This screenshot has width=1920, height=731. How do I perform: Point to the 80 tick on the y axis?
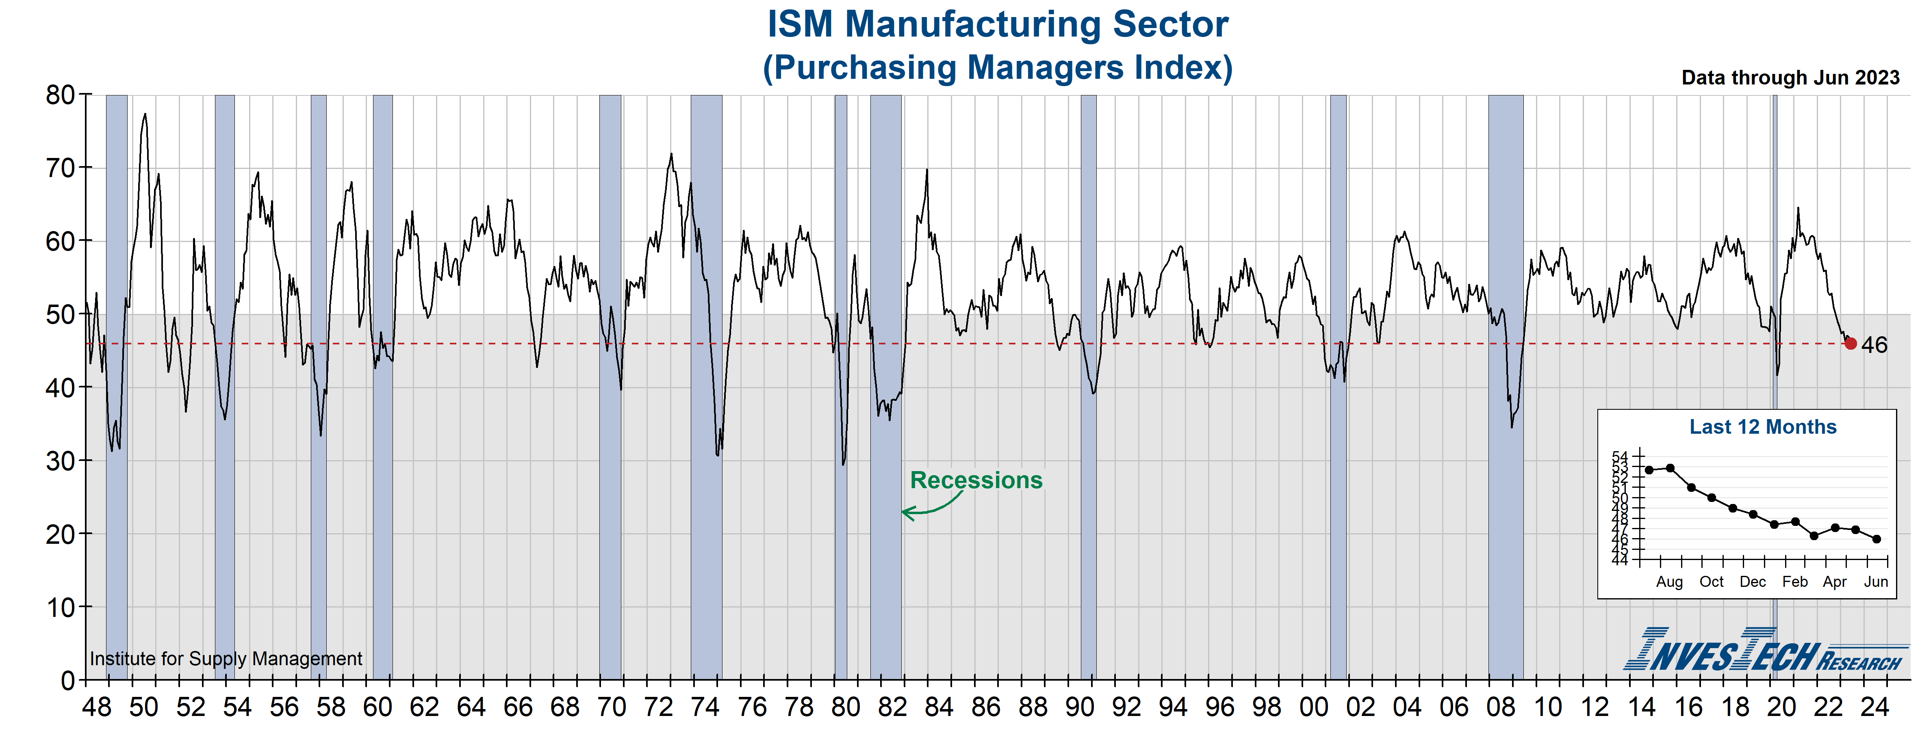click(61, 95)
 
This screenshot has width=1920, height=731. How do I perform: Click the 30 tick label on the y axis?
click(61, 461)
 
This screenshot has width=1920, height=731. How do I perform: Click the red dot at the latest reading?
click(1851, 344)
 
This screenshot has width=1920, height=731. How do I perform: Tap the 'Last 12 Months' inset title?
click(1763, 427)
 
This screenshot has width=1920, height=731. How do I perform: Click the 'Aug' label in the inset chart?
click(1670, 582)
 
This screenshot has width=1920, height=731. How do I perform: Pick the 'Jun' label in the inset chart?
click(1876, 582)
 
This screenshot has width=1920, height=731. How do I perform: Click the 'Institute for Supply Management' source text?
click(226, 659)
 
